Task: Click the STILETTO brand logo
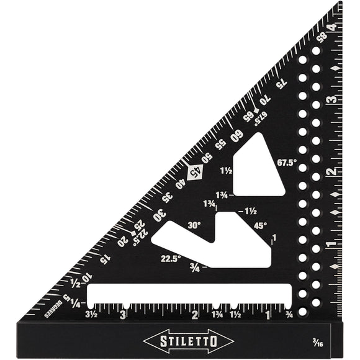click(x=188, y=340)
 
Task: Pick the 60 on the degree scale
click(x=236, y=133)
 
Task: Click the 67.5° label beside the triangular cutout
click(x=288, y=163)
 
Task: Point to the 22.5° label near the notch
click(x=171, y=259)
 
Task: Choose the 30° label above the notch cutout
click(x=194, y=225)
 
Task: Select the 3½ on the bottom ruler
click(x=91, y=315)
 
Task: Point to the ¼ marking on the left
click(x=75, y=303)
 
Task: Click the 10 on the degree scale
click(x=85, y=277)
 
